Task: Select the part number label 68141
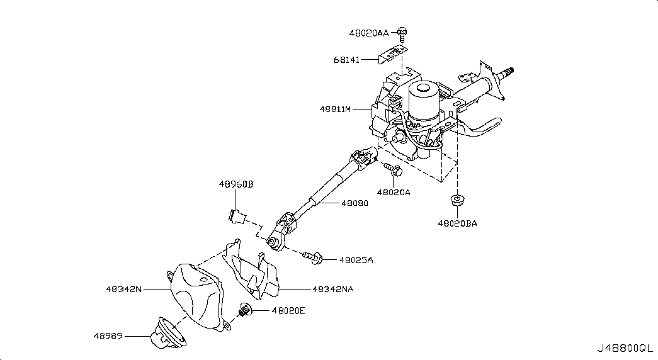point(346,60)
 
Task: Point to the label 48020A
point(394,192)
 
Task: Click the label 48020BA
point(458,223)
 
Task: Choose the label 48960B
point(236,184)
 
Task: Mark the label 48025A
point(356,259)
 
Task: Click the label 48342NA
point(332,290)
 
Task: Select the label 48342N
point(124,290)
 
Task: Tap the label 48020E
point(288,310)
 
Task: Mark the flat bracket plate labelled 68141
point(390,53)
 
